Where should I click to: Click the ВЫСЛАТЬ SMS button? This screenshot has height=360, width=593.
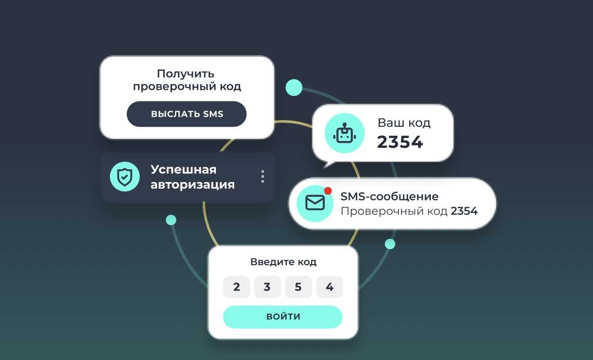click(x=187, y=114)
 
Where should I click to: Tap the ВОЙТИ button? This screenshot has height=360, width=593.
click(x=283, y=316)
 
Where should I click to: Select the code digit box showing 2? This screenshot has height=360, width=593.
click(x=236, y=287)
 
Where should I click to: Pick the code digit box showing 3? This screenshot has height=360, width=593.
click(x=268, y=287)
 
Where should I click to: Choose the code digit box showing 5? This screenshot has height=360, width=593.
click(x=299, y=287)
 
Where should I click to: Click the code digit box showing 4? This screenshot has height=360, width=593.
click(x=329, y=287)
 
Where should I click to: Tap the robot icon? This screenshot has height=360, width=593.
click(x=345, y=133)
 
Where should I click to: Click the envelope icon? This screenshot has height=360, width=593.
click(x=315, y=203)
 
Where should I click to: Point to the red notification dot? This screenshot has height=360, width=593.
click(x=328, y=191)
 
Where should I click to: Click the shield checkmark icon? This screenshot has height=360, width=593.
click(x=125, y=176)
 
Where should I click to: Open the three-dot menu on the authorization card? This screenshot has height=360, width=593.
click(x=263, y=176)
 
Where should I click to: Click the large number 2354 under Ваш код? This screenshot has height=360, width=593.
click(x=400, y=142)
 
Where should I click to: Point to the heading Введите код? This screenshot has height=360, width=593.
click(x=283, y=262)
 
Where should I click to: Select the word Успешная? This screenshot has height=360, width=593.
click(x=183, y=169)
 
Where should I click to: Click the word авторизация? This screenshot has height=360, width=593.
click(x=193, y=185)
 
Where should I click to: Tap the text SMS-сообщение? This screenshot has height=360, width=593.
click(x=390, y=196)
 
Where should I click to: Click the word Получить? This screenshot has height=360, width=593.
click(x=186, y=74)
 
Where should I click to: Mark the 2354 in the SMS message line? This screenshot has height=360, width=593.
click(x=464, y=211)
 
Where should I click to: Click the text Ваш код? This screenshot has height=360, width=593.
click(x=404, y=123)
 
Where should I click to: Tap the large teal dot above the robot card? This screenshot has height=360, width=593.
click(x=294, y=88)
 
